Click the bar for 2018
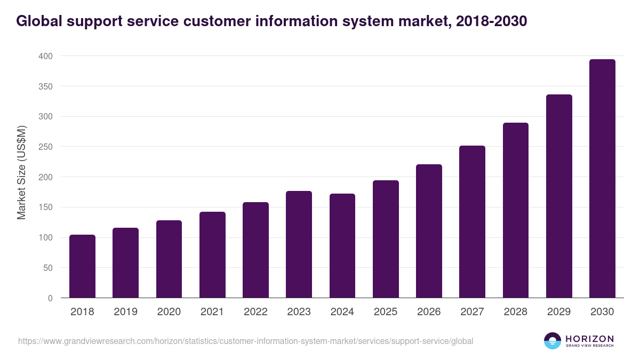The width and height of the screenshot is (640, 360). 82,266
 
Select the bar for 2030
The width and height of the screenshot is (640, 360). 602,179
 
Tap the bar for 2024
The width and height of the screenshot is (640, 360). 342,246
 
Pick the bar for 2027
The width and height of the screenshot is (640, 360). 472,222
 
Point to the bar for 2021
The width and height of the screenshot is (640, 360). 212,255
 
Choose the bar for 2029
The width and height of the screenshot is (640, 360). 559,196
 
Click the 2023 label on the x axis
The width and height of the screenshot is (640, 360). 299,312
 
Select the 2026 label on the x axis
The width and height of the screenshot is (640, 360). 429,312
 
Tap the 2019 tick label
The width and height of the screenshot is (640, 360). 125,312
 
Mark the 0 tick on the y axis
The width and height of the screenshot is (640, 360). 50,298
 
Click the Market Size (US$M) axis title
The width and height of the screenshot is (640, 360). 22,173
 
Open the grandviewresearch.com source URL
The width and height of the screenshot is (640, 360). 245,341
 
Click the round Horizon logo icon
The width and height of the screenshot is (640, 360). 553,341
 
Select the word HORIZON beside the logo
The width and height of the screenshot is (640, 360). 589,338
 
